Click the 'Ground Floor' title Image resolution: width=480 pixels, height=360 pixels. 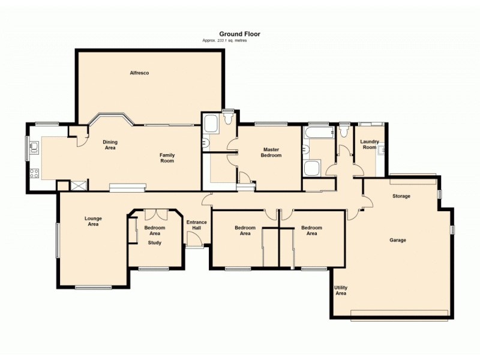239,34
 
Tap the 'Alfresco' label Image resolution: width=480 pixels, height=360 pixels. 139,73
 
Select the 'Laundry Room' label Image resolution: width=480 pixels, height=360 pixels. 369,145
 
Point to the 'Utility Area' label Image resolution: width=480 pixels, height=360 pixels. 341,290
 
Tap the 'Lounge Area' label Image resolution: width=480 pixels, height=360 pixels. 92,221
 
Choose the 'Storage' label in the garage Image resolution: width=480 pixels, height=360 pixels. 401,196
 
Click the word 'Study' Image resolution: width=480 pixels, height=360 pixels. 155,243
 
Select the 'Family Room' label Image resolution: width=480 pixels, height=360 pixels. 167,158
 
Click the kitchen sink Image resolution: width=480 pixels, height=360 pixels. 34,148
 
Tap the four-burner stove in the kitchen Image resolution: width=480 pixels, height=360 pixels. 34,174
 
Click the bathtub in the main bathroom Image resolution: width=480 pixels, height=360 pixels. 315,132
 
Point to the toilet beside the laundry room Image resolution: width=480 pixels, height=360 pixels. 344,131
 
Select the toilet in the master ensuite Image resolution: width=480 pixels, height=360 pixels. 227,119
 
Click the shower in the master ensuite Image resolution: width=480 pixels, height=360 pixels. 211,124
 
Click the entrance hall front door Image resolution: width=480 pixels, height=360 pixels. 194,240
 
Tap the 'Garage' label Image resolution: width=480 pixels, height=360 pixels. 398,240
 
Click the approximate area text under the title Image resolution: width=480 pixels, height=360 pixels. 224,40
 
